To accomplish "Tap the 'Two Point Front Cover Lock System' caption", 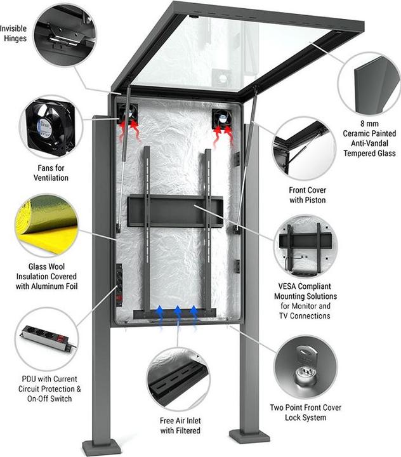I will click(x=307, y=413).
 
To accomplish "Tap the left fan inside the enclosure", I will click(x=129, y=116).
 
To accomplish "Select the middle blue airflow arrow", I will click(x=178, y=312).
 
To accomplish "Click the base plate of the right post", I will click(x=249, y=437).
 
